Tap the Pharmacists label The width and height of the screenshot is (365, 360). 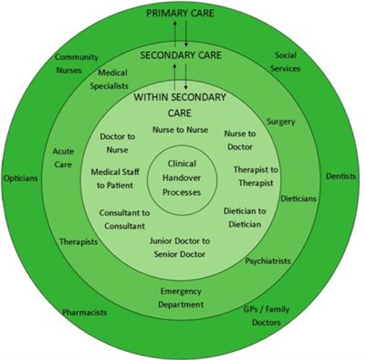click(x=85, y=312)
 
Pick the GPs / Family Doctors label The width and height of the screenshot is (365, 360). click(x=266, y=316)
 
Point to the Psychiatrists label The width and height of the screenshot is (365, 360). click(x=267, y=261)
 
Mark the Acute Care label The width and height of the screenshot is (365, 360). click(x=62, y=159)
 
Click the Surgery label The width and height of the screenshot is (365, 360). click(x=281, y=122)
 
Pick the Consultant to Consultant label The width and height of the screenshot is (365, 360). click(x=124, y=219)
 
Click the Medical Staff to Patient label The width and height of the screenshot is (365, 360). click(x=113, y=178)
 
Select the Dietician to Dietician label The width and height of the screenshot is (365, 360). click(x=245, y=217)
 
